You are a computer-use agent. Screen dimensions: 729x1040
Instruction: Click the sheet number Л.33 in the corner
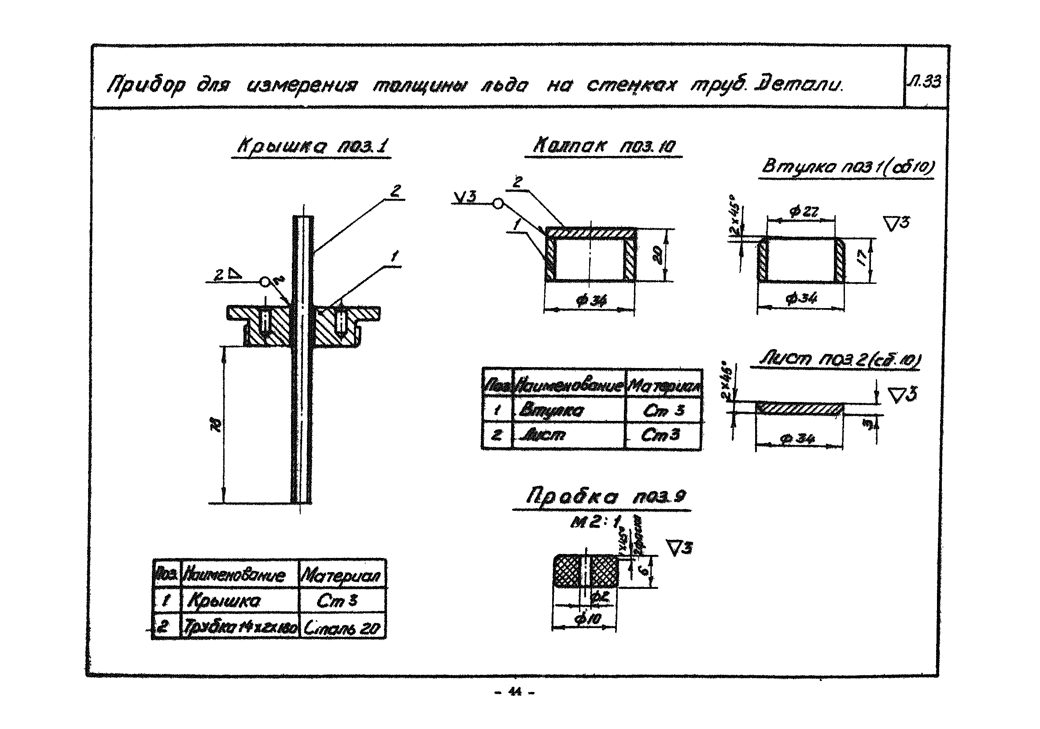click(925, 82)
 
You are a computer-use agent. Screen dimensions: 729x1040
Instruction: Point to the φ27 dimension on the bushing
click(803, 212)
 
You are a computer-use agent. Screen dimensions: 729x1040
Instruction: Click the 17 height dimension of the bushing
click(863, 258)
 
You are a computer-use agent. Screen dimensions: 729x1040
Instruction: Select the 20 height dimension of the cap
click(659, 254)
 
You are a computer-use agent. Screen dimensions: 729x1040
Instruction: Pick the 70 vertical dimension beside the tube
click(218, 424)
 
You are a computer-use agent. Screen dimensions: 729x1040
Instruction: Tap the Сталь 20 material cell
click(342, 628)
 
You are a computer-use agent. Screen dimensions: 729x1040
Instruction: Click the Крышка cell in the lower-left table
click(224, 601)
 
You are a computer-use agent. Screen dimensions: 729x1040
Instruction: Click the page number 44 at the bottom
click(515, 692)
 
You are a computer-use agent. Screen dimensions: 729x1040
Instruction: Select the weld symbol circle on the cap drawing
click(498, 204)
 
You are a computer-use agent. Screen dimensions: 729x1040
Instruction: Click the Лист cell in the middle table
click(543, 435)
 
